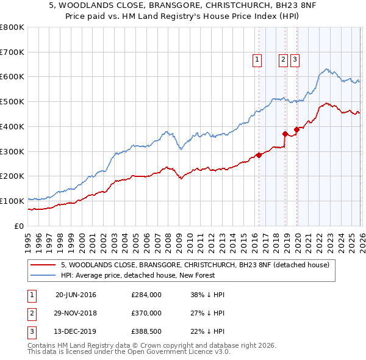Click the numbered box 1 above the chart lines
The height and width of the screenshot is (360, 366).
257,60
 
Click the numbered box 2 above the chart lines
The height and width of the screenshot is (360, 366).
284,60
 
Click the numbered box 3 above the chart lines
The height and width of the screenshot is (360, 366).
295,60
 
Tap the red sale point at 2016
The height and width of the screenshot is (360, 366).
259,155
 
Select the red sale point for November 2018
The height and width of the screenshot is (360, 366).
285,134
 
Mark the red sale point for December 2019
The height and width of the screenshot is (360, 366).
296,129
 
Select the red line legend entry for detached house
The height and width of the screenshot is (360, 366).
195,265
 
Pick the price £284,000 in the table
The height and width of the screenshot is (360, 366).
146,295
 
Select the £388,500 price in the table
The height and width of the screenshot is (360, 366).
146,331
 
